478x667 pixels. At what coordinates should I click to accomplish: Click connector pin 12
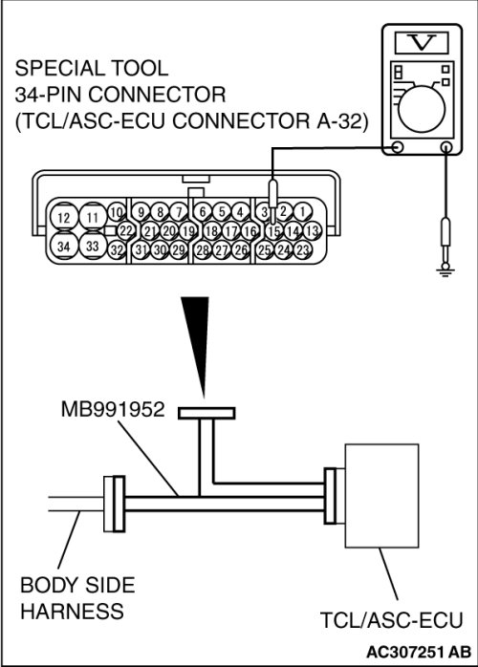coord(64,217)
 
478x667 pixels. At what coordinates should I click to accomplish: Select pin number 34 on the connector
coord(64,246)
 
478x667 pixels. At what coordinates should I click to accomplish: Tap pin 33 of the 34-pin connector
coord(93,245)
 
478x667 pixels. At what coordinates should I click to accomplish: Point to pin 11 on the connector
coord(93,217)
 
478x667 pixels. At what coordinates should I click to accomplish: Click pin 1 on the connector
coord(302,211)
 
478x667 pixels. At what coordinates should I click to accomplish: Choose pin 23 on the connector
coord(302,249)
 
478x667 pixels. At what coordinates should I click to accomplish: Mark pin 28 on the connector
coord(203,249)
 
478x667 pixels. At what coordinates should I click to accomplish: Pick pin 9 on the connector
coord(141,212)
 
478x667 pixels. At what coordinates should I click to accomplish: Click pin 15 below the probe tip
coord(274,231)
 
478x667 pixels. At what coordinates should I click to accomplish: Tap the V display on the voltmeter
coord(422,43)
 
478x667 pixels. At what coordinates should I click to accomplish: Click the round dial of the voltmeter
coord(422,109)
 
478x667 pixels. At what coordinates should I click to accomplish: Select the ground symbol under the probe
coord(445,271)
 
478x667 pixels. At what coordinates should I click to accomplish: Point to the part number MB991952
coord(113,409)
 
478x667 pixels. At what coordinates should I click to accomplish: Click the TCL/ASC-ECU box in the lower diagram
coord(381,496)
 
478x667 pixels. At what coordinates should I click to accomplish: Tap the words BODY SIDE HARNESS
coord(77,598)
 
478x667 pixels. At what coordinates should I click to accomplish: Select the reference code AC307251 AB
coord(419,652)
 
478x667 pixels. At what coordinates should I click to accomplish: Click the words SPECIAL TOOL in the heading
coord(92,68)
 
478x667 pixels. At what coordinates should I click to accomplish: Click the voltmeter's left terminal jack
coord(397,147)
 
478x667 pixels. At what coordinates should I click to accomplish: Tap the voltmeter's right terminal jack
coord(445,147)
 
